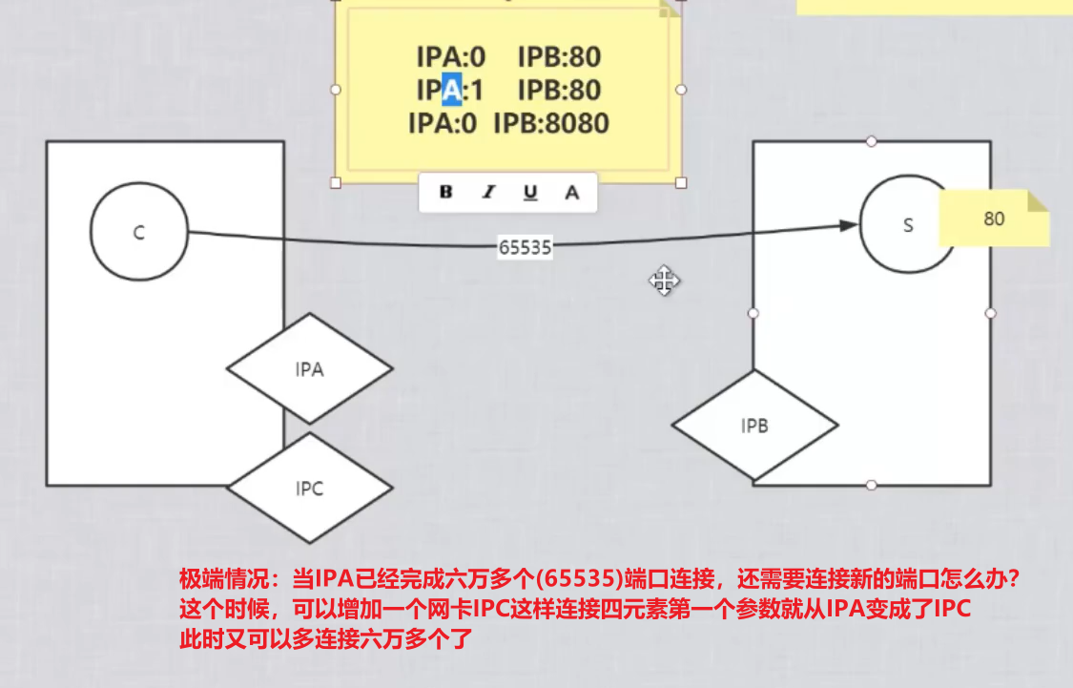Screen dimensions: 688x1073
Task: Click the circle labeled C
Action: (x=139, y=233)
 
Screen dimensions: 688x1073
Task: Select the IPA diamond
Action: (x=309, y=369)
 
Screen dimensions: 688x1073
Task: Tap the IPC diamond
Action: (x=309, y=489)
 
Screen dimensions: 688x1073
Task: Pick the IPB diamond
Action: (x=754, y=426)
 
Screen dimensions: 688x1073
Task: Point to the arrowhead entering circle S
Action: (x=849, y=225)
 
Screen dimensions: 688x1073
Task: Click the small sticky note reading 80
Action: (x=994, y=219)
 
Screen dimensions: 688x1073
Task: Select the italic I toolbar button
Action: (x=488, y=192)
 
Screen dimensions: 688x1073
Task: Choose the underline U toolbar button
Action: (x=530, y=192)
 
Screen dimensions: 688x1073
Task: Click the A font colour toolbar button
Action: (x=572, y=192)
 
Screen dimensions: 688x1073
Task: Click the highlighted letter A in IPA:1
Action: (x=452, y=90)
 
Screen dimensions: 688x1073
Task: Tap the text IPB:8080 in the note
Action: (x=550, y=123)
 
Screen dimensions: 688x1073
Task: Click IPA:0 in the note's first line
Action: (x=450, y=57)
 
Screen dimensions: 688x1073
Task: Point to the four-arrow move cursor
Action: (x=664, y=281)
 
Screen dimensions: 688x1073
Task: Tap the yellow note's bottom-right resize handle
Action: (x=681, y=182)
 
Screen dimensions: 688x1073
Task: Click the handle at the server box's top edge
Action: (x=871, y=141)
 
